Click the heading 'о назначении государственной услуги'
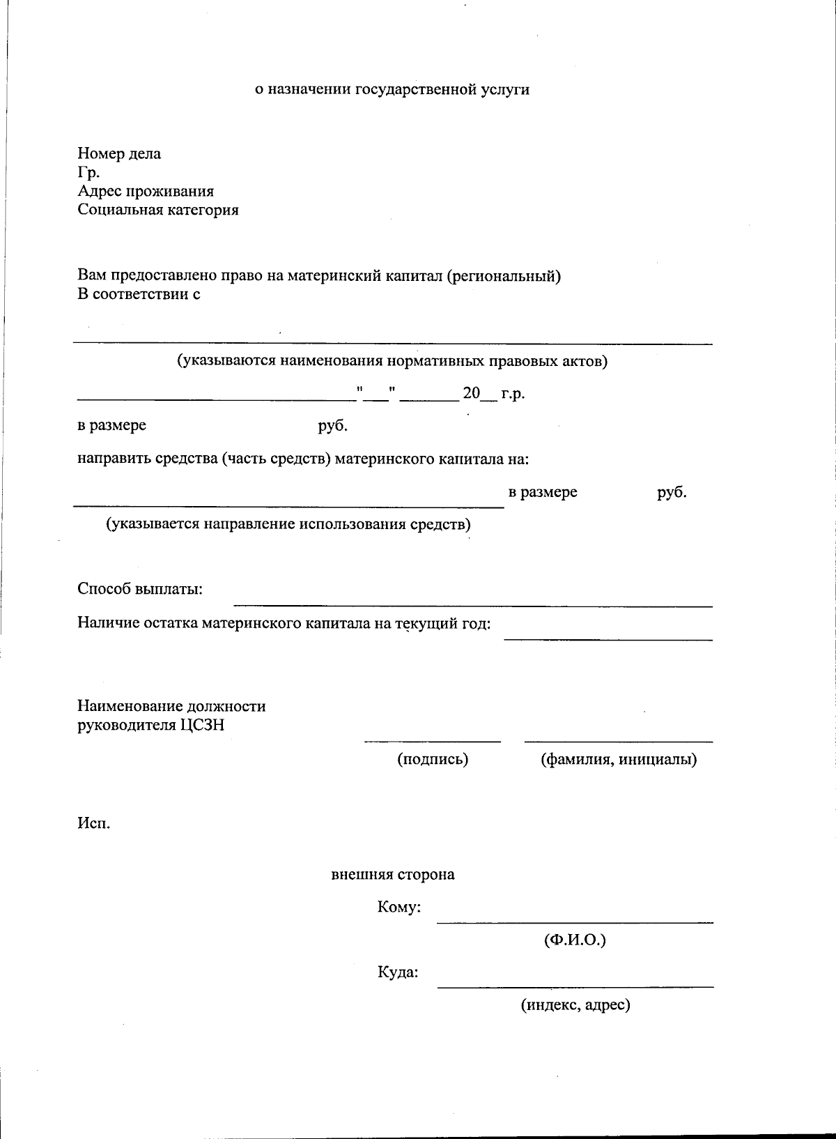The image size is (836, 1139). click(x=392, y=89)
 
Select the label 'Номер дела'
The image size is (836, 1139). click(x=119, y=153)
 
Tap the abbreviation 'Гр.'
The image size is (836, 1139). click(x=88, y=172)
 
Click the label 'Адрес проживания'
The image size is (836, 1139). click(x=146, y=191)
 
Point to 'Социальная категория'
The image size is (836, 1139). click(x=158, y=210)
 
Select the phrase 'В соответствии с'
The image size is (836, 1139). click(x=139, y=294)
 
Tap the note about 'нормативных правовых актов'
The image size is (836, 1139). click(x=392, y=361)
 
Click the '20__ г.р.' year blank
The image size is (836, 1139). click(x=493, y=393)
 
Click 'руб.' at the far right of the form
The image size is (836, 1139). click(x=672, y=492)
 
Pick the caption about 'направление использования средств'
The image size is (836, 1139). click(x=288, y=524)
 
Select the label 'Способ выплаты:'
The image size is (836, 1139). click(x=140, y=589)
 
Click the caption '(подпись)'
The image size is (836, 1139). click(x=433, y=759)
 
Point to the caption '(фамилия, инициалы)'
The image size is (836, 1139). click(x=619, y=759)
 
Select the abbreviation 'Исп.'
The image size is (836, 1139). click(x=93, y=823)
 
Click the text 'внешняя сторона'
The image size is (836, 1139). click(x=393, y=874)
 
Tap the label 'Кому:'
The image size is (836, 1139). click(x=398, y=908)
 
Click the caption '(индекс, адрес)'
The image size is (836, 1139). click(x=575, y=1005)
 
